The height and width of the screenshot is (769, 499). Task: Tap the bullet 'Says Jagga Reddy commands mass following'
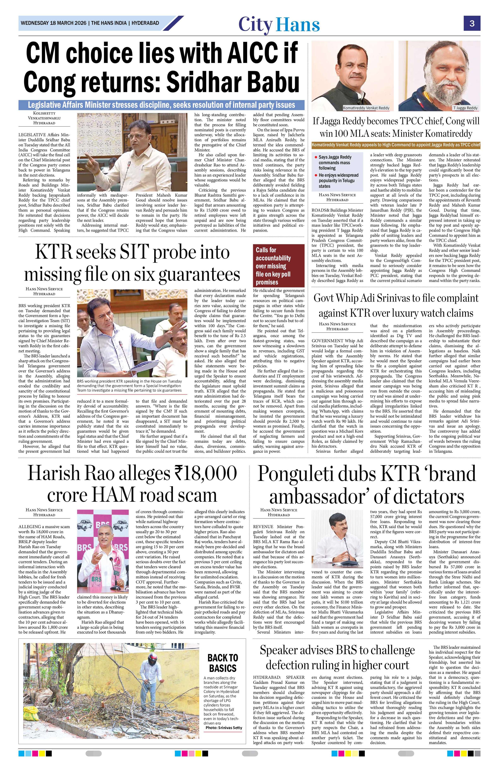pos(335,162)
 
